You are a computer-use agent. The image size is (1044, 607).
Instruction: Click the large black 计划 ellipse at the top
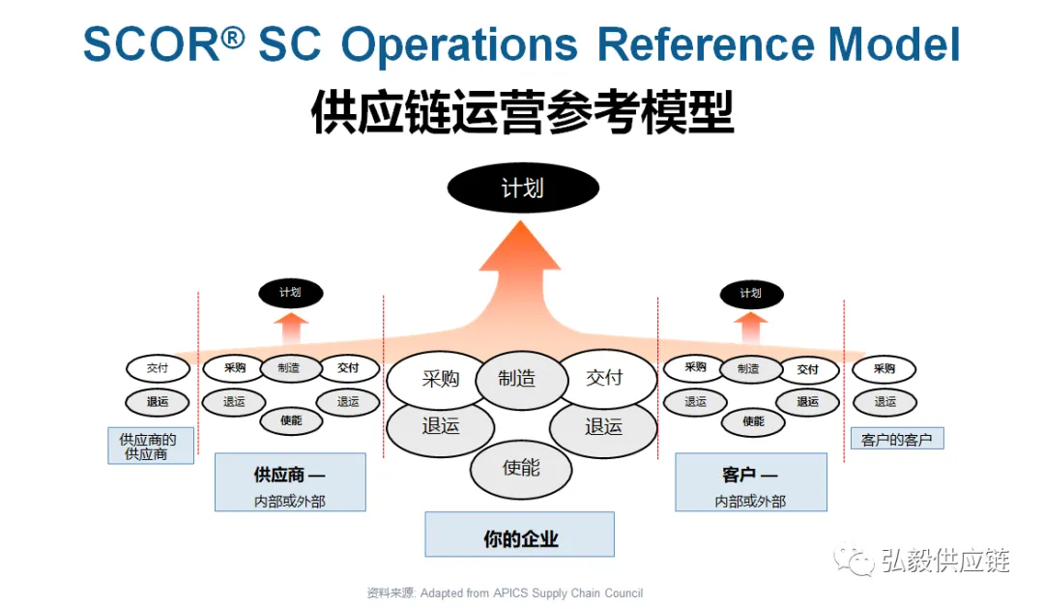[x=523, y=188]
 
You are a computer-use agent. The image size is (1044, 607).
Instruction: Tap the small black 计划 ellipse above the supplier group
[x=290, y=293]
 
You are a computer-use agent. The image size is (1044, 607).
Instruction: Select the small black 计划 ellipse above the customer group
[x=750, y=294]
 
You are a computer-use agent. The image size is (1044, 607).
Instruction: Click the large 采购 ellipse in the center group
[x=440, y=379]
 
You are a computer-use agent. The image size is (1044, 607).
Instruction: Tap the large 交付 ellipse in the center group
[x=604, y=378]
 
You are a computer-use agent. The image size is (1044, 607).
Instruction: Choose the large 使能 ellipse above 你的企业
[x=521, y=469]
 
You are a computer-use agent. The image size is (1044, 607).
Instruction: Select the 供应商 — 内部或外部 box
[x=290, y=481]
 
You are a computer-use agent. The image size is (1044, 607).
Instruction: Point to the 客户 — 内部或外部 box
[x=750, y=481]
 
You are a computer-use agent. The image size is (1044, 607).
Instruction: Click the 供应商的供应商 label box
[x=150, y=446]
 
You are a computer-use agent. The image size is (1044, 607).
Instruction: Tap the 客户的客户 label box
[x=896, y=440]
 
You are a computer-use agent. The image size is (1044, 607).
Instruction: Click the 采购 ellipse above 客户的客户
[x=884, y=368]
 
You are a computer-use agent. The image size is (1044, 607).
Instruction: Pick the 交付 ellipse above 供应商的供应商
[x=157, y=368]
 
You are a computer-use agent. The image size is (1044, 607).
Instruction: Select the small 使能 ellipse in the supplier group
[x=290, y=420]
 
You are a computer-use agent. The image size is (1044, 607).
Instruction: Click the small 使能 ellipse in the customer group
[x=753, y=420]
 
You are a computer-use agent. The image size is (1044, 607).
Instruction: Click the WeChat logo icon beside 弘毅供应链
[x=855, y=560]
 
